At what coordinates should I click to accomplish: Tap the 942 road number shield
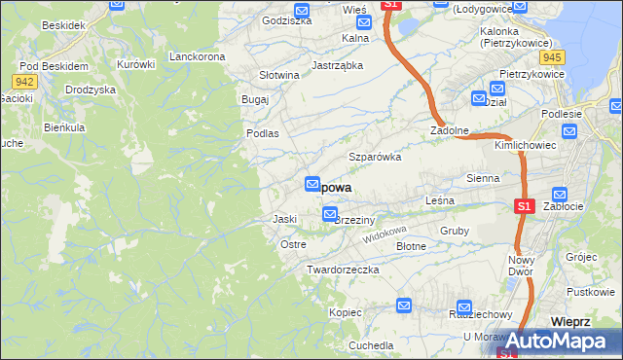pos(26,81)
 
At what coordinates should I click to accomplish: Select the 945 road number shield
pos(555,56)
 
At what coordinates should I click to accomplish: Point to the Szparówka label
pos(376,156)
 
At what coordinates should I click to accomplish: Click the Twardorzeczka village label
pos(342,269)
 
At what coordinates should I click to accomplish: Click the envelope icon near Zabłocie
pos(559,195)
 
